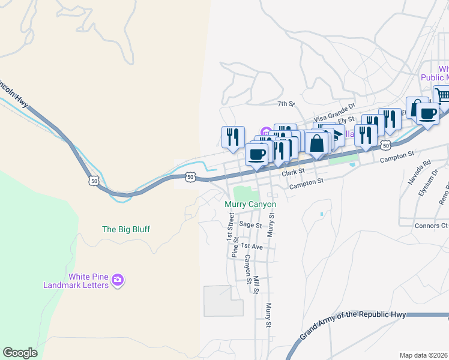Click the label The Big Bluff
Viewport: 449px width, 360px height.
[126, 229]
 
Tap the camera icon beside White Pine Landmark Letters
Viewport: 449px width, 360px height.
[118, 280]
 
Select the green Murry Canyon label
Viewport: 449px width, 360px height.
[250, 205]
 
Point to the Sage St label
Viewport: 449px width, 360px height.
[250, 225]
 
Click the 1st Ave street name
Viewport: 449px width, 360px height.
[252, 247]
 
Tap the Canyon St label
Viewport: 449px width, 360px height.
[247, 268]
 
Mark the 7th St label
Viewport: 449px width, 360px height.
[286, 104]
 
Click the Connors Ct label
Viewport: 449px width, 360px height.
[431, 226]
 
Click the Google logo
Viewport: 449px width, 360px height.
[20, 353]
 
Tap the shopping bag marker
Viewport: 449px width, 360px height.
[316, 143]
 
